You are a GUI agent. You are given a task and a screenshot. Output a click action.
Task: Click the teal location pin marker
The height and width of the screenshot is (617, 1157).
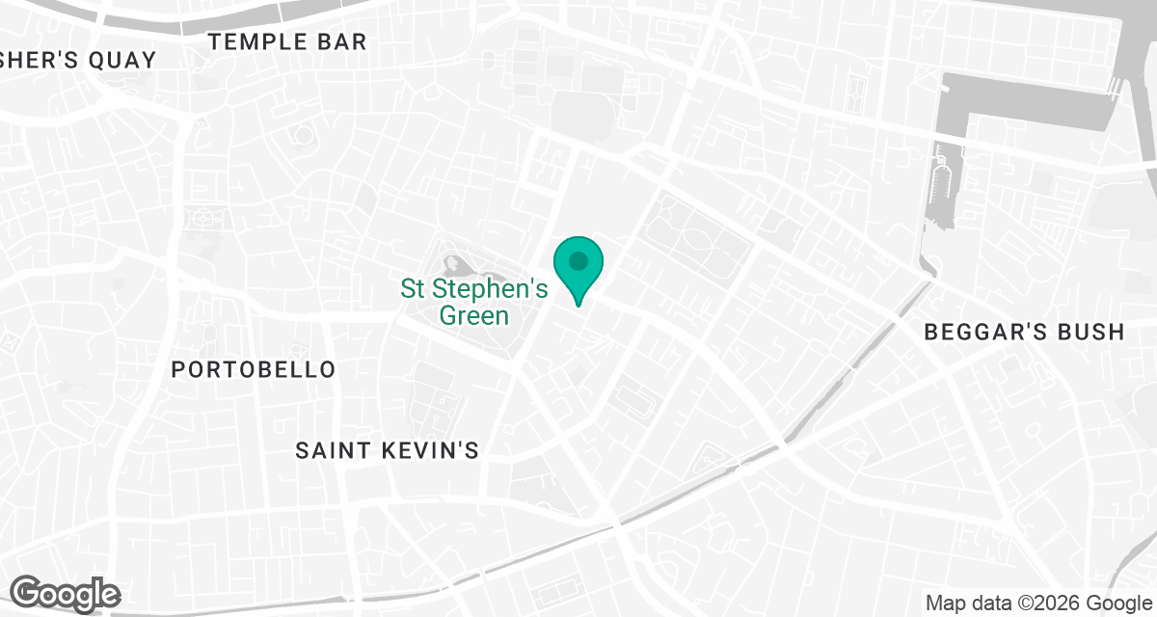click(x=578, y=269)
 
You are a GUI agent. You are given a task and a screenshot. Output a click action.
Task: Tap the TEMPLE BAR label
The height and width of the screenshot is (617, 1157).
click(x=287, y=41)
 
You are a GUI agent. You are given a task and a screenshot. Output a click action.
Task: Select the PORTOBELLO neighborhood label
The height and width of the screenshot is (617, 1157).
click(x=254, y=369)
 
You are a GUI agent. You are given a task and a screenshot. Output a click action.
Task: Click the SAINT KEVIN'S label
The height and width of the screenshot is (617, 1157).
click(x=387, y=450)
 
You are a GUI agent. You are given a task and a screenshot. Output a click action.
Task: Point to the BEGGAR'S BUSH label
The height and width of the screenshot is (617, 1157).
click(x=1024, y=333)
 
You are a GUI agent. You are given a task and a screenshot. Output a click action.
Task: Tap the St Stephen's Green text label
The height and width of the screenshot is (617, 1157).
click(x=473, y=302)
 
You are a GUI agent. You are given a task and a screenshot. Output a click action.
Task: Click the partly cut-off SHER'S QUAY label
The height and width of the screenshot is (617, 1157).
click(x=77, y=60)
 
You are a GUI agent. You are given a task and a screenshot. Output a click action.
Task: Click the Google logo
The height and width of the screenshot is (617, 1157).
click(x=65, y=593)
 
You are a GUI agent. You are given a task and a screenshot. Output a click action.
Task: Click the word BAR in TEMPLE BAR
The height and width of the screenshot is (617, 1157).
click(x=341, y=41)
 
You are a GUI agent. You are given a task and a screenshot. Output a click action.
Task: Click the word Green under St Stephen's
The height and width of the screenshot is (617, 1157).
click(x=473, y=315)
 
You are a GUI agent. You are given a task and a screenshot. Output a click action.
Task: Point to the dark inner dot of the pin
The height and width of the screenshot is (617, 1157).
click(x=578, y=260)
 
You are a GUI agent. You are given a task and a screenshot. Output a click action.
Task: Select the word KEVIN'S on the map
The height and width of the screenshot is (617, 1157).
click(x=431, y=450)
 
